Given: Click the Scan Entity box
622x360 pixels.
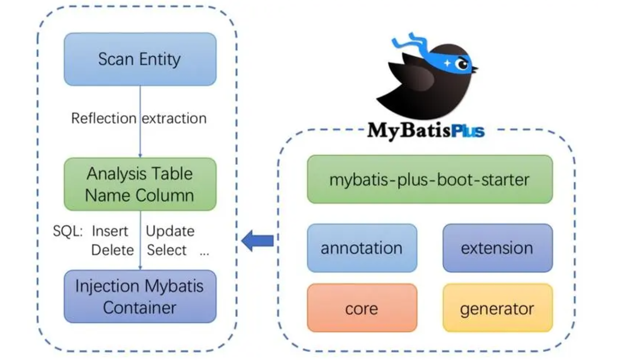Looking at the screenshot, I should tap(140, 59).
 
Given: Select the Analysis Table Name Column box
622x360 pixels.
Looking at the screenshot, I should tap(140, 184).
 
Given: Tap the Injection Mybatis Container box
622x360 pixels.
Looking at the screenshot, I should tap(140, 296).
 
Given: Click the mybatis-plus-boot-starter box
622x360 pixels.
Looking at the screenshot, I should tap(429, 179).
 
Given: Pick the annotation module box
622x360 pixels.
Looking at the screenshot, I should tap(361, 248).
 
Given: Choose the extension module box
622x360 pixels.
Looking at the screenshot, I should tap(497, 248).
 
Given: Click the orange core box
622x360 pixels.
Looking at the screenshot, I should tap(361, 308).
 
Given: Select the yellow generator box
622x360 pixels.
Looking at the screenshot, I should tap(497, 308).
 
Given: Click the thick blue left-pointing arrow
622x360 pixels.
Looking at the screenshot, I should tap(258, 241).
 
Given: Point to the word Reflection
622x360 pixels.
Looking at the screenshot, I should tap(104, 118).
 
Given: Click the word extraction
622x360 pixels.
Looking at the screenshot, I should tap(175, 118).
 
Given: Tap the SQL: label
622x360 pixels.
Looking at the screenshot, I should tap(68, 231).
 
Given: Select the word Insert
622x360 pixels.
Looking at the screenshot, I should tap(110, 231).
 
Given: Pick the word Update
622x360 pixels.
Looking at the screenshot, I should tap(170, 231).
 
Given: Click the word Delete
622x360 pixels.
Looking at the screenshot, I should tap(112, 250).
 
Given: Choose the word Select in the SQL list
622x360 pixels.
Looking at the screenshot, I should tap(166, 250).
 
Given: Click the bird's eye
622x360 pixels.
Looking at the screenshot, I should tap(461, 64).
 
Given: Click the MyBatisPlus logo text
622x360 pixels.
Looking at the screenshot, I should tap(425, 129).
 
